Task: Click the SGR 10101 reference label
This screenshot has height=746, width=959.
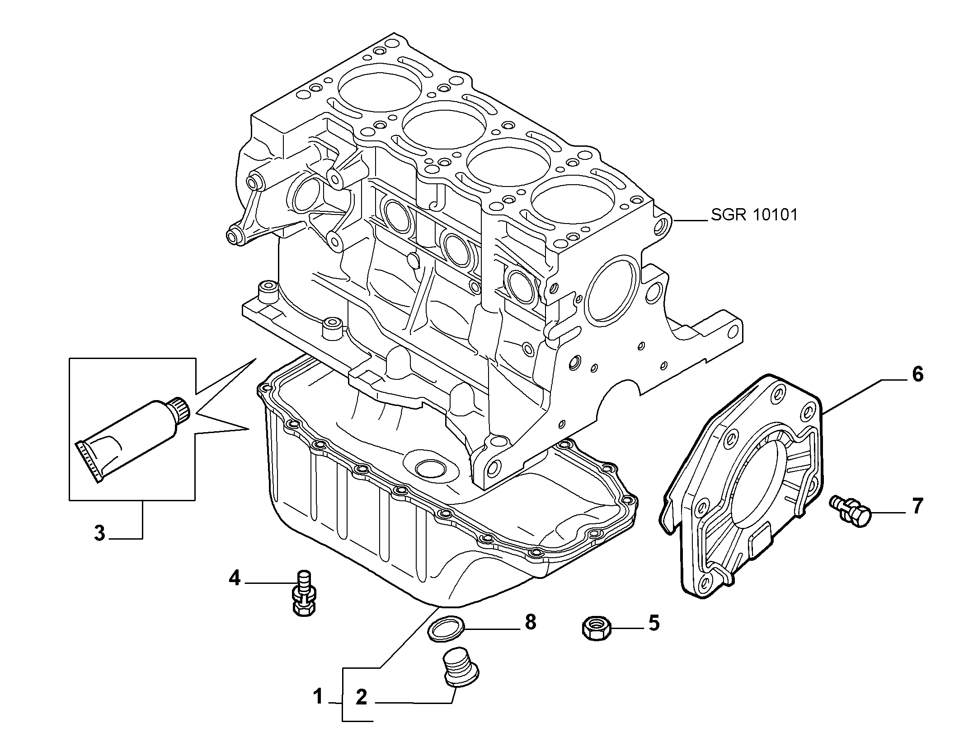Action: point(754,215)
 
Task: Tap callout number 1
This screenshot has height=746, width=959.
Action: point(319,696)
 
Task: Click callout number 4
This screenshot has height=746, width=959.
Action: point(235,578)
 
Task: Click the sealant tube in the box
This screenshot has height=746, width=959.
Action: point(134,438)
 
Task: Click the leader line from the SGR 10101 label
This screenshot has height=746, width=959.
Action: point(689,221)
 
